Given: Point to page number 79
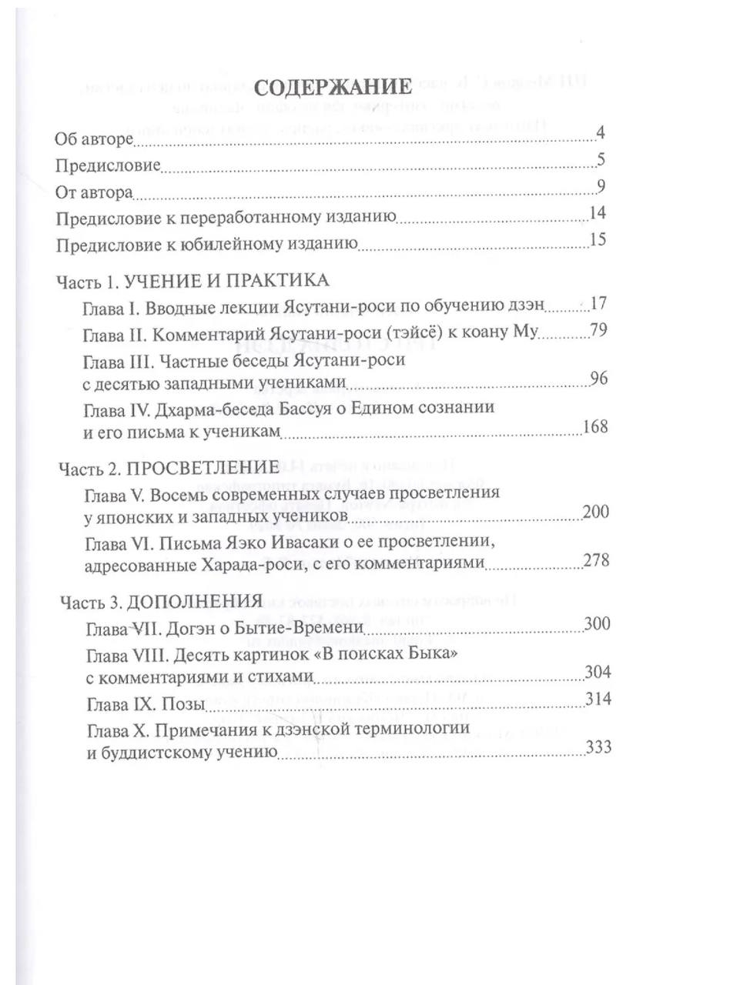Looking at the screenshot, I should click(x=598, y=332).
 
